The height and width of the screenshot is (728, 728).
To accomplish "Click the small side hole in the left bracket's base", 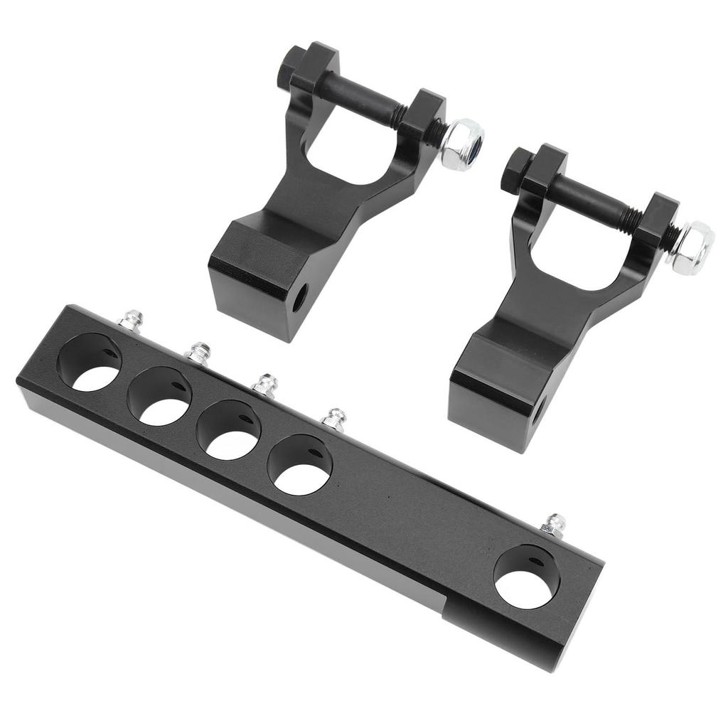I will point(299,297).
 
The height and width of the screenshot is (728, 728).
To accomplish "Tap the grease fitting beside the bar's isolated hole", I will point(554,525).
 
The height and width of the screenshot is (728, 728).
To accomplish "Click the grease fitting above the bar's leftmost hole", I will point(130,321).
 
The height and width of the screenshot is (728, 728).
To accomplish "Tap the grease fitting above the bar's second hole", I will point(198,353).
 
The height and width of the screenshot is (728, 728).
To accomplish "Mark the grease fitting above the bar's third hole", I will point(264,385).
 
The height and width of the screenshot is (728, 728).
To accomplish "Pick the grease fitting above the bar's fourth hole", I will point(333,419).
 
